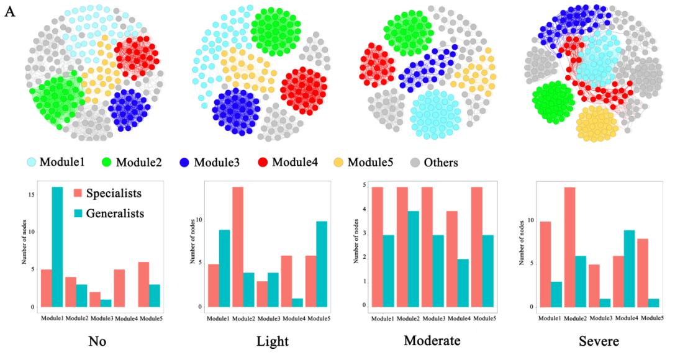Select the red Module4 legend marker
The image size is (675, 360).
click(x=263, y=163)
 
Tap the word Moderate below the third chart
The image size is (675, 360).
click(x=431, y=341)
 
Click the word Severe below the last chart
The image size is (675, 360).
click(x=599, y=341)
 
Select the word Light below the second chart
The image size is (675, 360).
click(x=271, y=341)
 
